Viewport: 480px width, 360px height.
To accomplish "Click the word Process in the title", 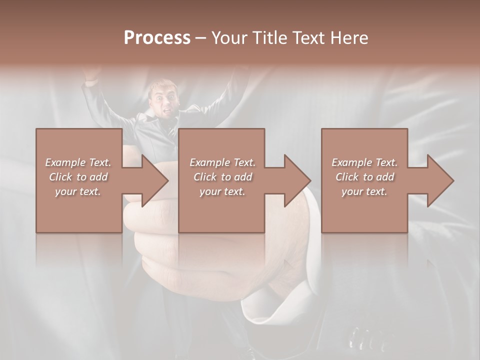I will tap(157, 38).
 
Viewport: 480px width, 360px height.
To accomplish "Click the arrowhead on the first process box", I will tap(155, 180).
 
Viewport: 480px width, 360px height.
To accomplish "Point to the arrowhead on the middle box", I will tap(297, 180).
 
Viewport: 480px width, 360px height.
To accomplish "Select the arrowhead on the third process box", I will tap(440, 180).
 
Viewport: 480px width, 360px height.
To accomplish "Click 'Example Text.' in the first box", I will tap(78, 162).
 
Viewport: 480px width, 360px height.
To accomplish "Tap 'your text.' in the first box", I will tap(78, 191).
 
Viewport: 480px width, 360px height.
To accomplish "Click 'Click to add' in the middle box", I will tap(222, 177).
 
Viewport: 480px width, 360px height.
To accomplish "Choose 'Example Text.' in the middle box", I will tap(222, 162).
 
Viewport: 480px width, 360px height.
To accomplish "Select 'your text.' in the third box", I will tap(364, 191).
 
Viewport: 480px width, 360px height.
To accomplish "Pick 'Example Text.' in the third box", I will tap(364, 162).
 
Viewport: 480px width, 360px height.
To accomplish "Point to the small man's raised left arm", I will tap(95, 90).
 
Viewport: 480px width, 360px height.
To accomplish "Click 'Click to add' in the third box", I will tap(364, 177).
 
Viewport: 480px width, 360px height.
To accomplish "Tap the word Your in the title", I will tap(228, 38).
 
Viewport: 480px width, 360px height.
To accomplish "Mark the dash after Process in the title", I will tap(201, 38).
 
